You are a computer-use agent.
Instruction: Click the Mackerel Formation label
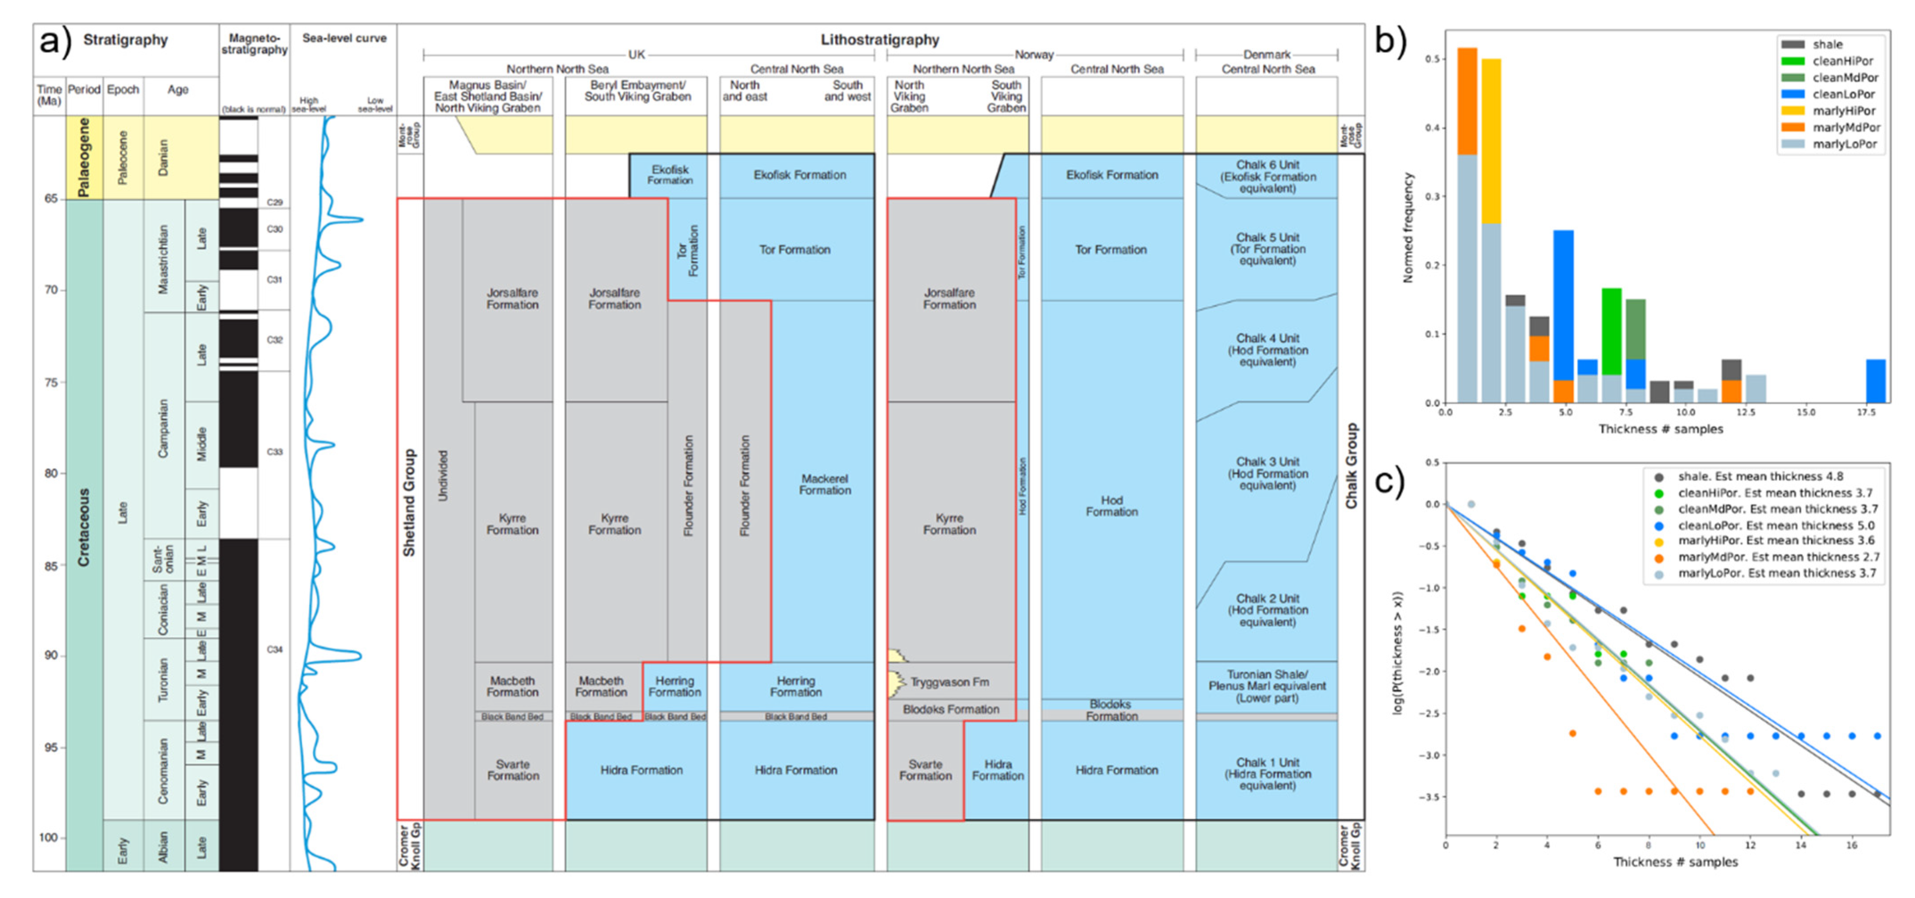pyautogui.click(x=825, y=484)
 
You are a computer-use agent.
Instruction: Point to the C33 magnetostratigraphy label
pyautogui.click(x=274, y=451)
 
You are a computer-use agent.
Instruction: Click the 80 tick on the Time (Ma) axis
pyautogui.click(x=50, y=473)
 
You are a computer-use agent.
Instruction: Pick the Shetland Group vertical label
pyautogui.click(x=409, y=502)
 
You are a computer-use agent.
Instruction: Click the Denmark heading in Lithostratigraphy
pyautogui.click(x=1267, y=54)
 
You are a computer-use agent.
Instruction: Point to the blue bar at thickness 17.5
pyautogui.click(x=1876, y=380)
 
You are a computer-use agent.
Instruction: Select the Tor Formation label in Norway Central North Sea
pyautogui.click(x=1111, y=250)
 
